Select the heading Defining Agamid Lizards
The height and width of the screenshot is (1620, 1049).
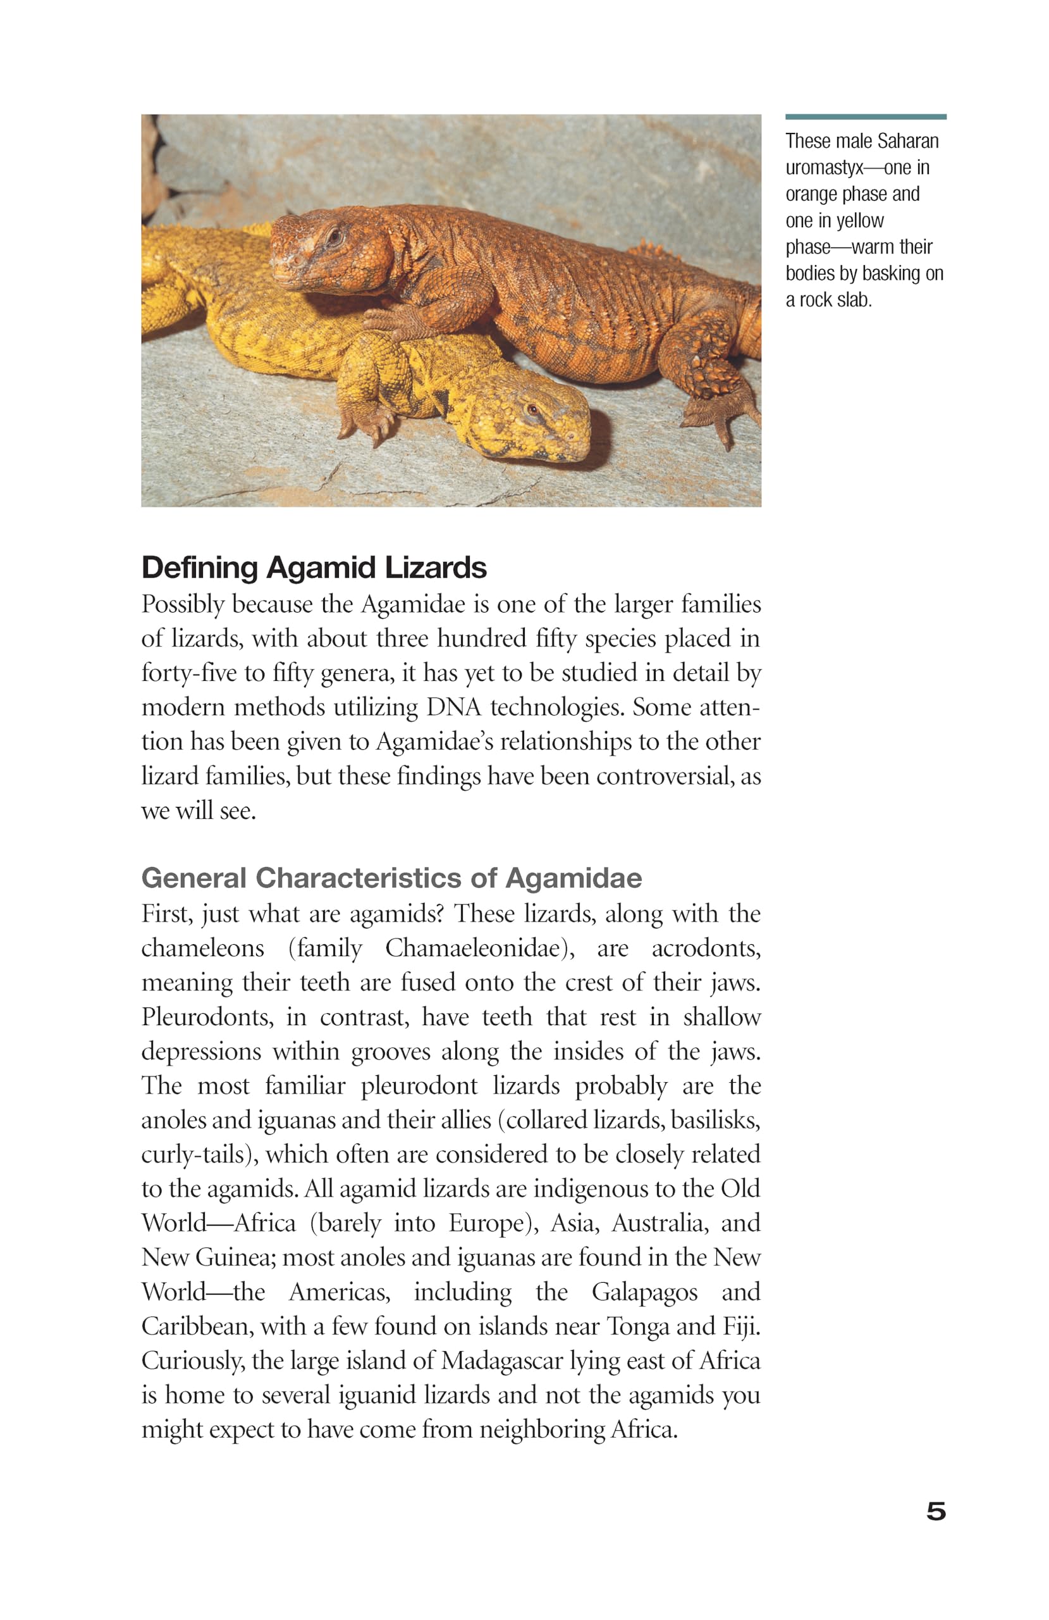(x=314, y=568)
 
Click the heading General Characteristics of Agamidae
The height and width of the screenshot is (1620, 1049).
(x=391, y=878)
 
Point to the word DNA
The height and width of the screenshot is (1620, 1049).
(x=453, y=707)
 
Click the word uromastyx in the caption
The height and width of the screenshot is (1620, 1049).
(x=824, y=168)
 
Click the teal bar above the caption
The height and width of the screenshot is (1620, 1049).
(x=866, y=117)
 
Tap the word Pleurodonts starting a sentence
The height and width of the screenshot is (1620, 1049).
(x=207, y=1017)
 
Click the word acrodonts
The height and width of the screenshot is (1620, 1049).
(x=706, y=948)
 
